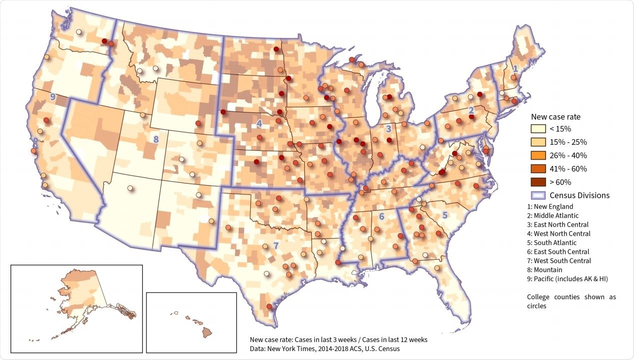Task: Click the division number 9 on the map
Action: pos(52,97)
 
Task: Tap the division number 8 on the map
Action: pos(156,139)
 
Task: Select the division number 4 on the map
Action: pos(259,122)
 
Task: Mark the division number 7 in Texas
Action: pos(275,245)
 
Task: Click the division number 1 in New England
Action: pos(515,68)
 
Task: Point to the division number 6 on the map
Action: pos(381,216)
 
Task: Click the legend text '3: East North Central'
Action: pos(558,225)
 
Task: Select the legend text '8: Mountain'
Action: pos(545,270)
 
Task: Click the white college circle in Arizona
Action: pos(130,188)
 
